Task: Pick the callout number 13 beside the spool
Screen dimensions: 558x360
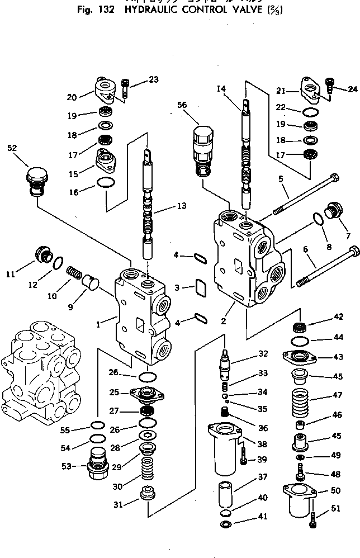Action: (181, 206)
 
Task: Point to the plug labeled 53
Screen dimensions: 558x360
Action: (96, 462)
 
